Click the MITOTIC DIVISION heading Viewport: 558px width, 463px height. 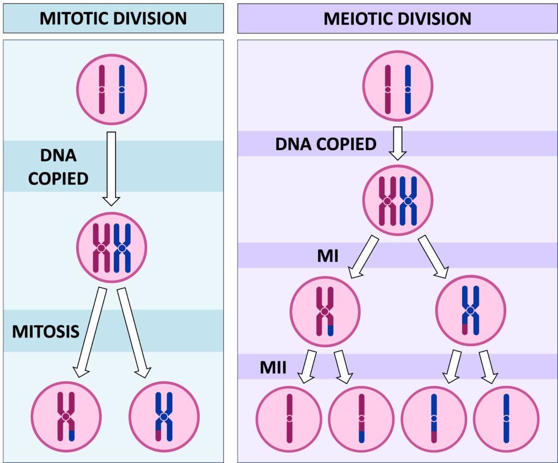click(113, 18)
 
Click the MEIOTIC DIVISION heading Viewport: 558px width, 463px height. click(397, 18)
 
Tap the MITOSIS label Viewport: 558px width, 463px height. click(46, 331)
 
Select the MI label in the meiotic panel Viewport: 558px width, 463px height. click(327, 255)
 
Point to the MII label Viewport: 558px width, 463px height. click(272, 366)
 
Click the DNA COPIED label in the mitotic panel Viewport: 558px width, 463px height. click(59, 167)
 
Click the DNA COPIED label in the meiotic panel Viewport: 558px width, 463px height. click(325, 144)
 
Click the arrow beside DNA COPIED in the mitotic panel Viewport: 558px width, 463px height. click(111, 168)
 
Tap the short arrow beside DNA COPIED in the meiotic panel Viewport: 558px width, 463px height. click(398, 143)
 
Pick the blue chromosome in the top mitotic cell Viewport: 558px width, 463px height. click(122, 90)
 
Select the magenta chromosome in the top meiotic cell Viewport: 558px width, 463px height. click(387, 90)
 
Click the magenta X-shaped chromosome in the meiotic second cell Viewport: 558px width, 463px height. click(387, 201)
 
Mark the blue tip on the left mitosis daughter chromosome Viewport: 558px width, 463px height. click(72, 436)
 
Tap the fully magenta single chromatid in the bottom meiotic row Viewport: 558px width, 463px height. click(289, 418)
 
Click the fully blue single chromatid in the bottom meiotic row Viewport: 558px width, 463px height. click(506, 418)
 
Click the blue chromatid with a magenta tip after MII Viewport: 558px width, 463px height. click(434, 419)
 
